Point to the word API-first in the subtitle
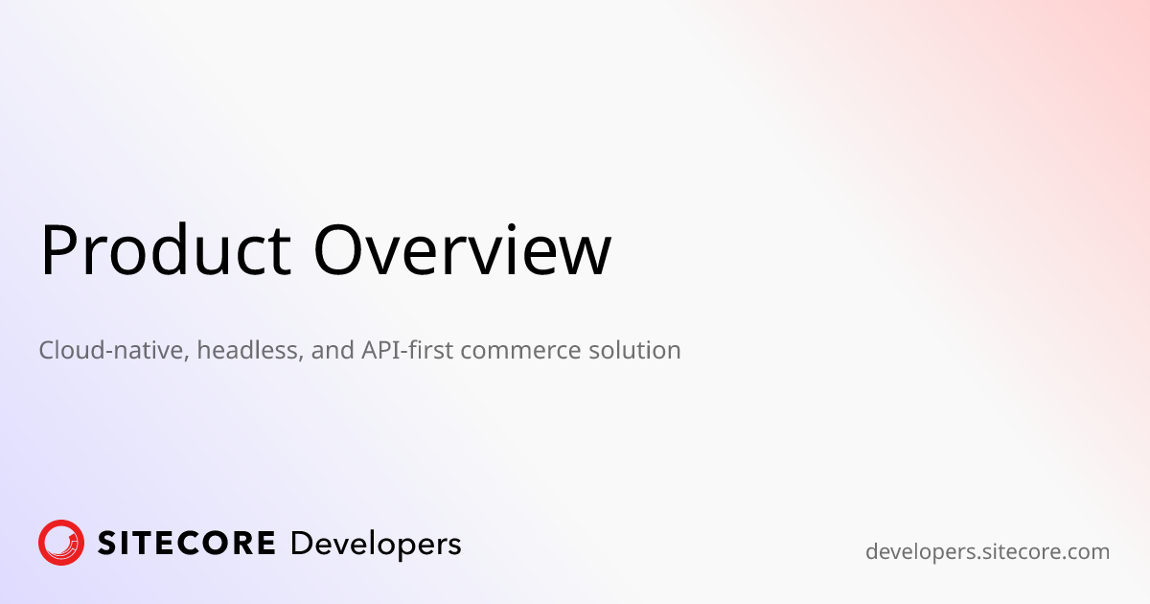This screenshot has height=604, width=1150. click(x=406, y=350)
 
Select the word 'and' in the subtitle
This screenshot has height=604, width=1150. click(x=333, y=350)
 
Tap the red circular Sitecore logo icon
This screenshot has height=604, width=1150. click(x=61, y=543)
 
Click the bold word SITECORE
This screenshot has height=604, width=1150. click(x=186, y=544)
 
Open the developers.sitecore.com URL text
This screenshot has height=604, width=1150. click(x=987, y=552)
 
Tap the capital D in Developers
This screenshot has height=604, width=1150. click(x=300, y=544)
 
